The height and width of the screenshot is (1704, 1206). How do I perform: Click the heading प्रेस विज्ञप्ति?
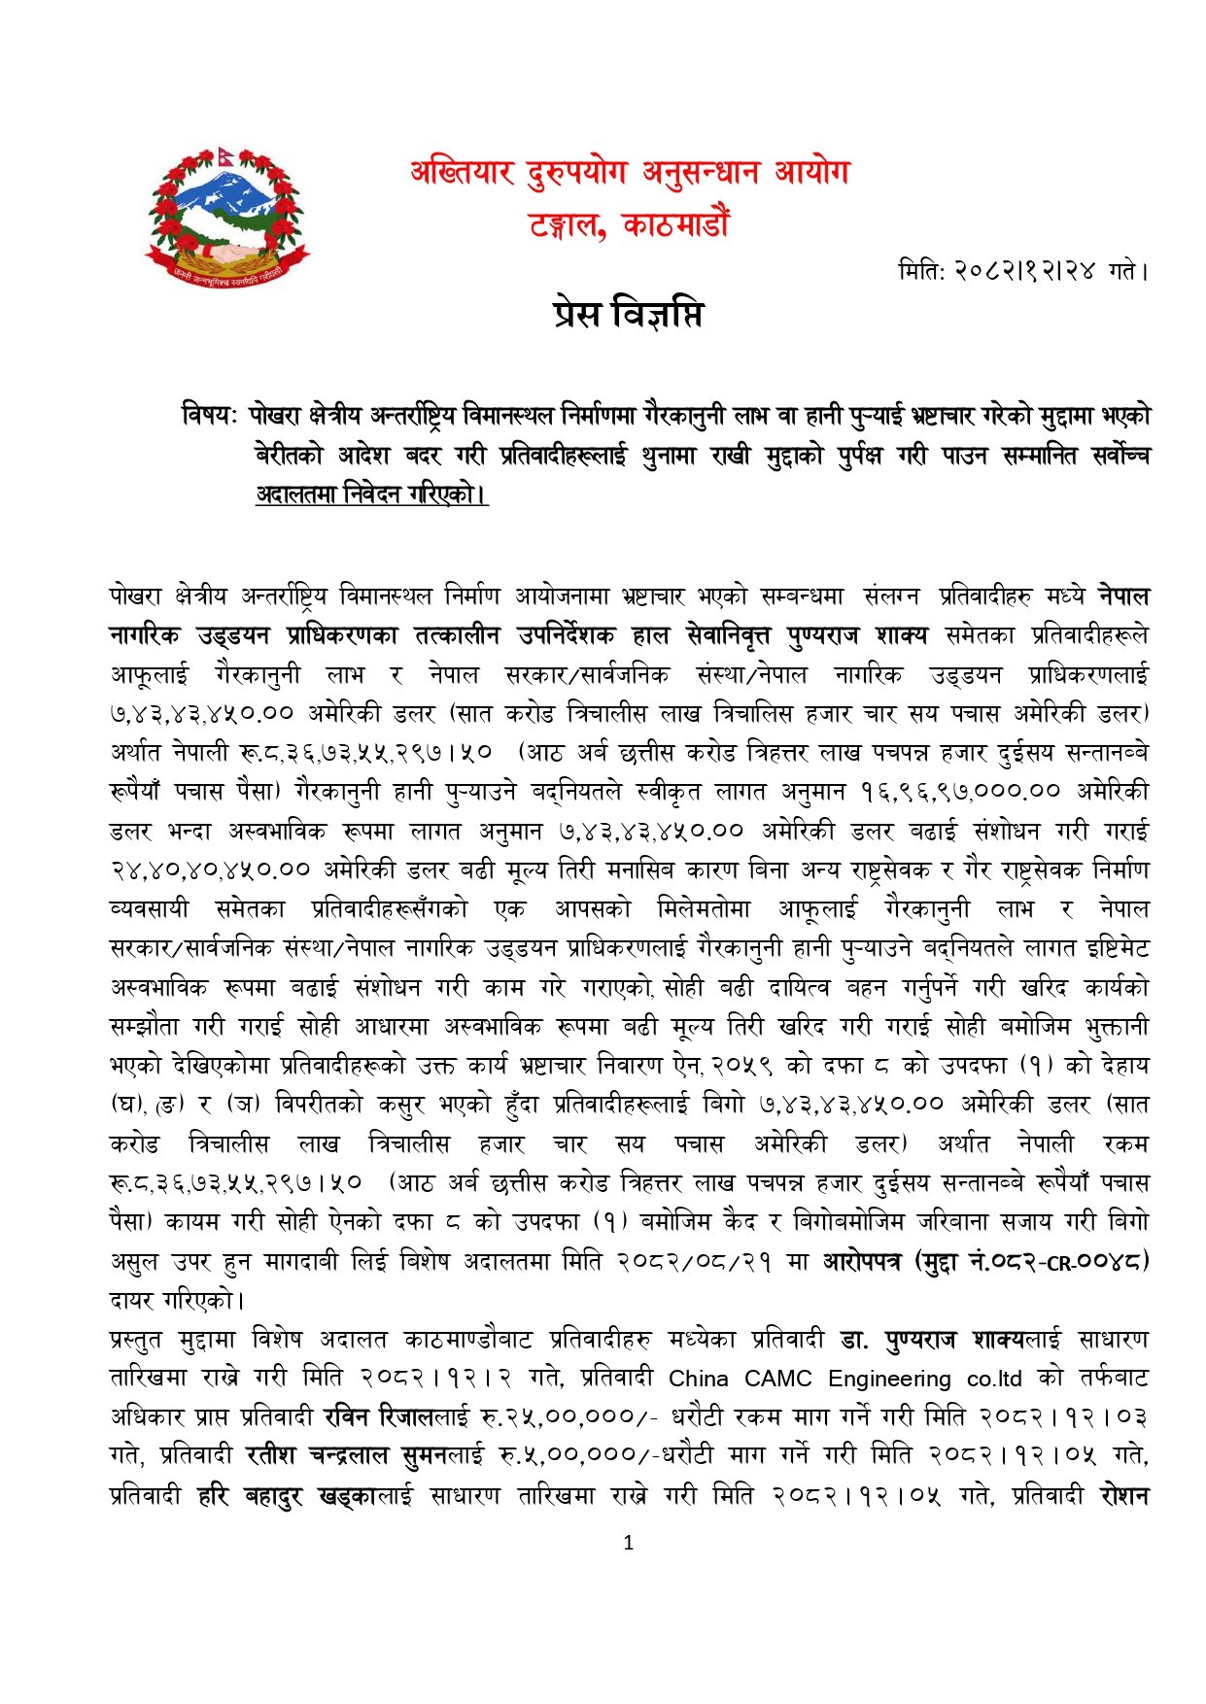pyautogui.click(x=628, y=315)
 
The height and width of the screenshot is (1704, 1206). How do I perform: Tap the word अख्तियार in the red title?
pyautogui.click(x=462, y=173)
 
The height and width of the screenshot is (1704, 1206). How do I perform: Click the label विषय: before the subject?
pyautogui.click(x=209, y=416)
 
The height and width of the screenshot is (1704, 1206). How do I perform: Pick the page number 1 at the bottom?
pyautogui.click(x=628, y=1542)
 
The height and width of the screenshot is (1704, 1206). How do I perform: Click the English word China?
pyautogui.click(x=699, y=1379)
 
